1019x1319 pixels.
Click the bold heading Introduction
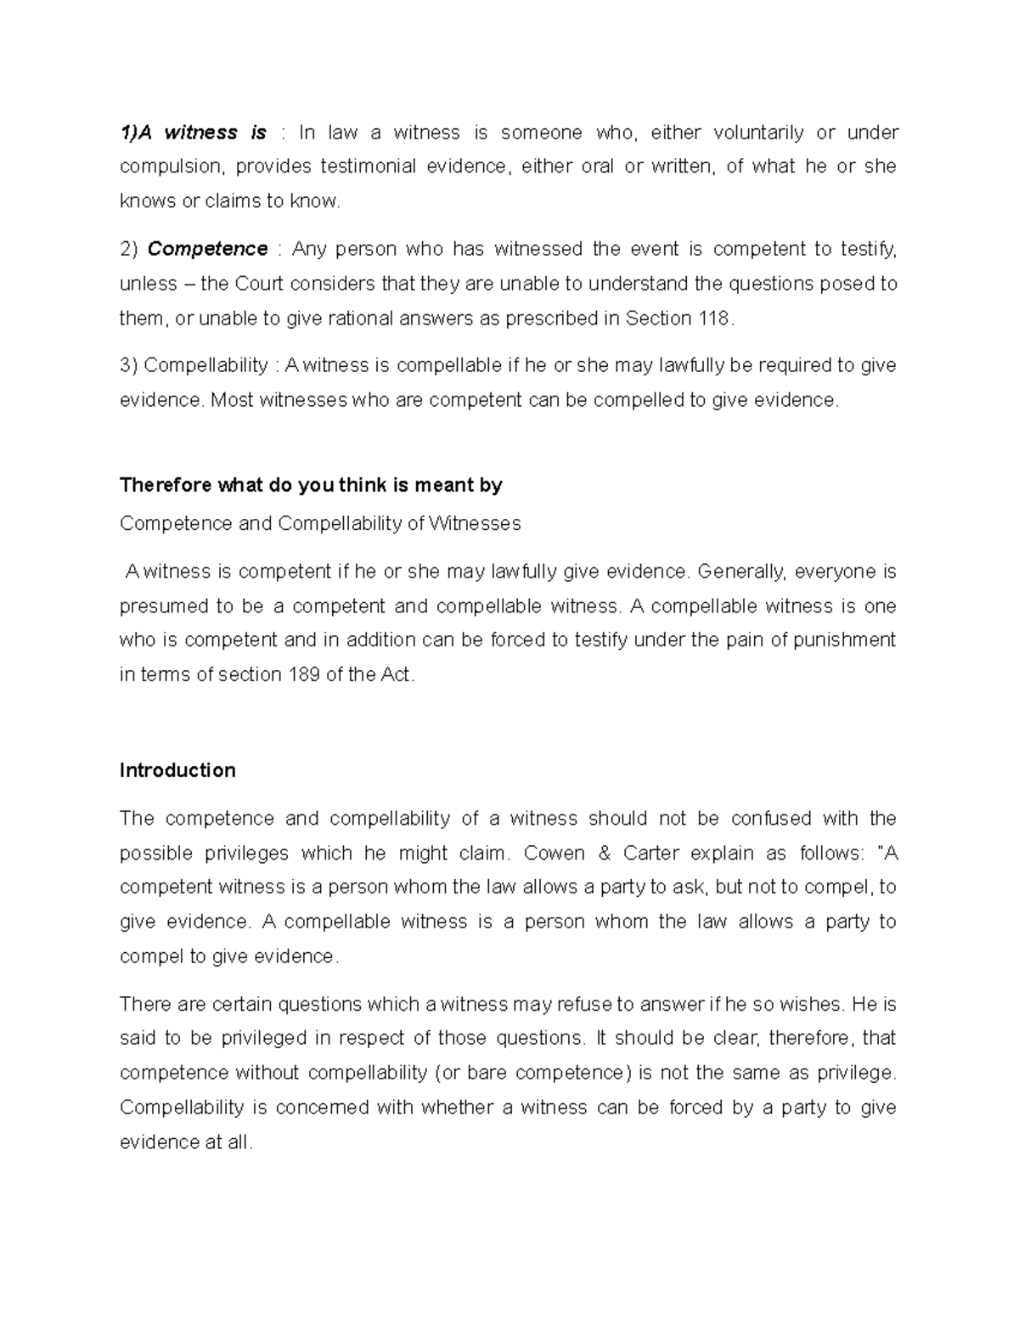point(177,770)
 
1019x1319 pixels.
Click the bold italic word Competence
point(207,249)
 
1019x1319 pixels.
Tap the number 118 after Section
point(713,318)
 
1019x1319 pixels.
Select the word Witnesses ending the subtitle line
point(476,523)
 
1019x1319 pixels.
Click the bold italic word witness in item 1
point(200,132)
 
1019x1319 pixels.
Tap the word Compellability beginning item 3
point(205,365)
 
